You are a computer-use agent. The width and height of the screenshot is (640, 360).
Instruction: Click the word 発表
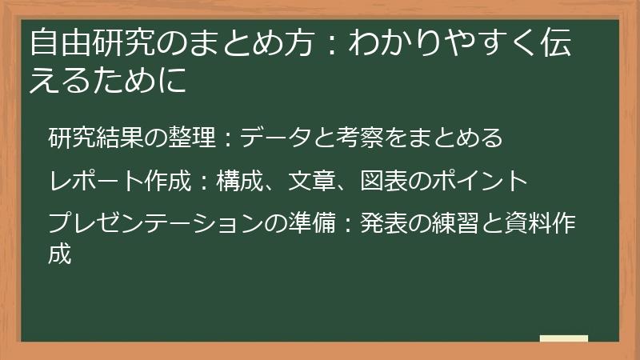click(x=383, y=222)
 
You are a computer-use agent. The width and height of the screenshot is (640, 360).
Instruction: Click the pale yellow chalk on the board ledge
click(x=563, y=338)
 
